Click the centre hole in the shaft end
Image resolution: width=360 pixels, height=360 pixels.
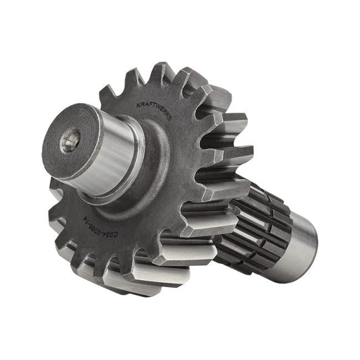(70, 141)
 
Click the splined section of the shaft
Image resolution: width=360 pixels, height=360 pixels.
(260, 227)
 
